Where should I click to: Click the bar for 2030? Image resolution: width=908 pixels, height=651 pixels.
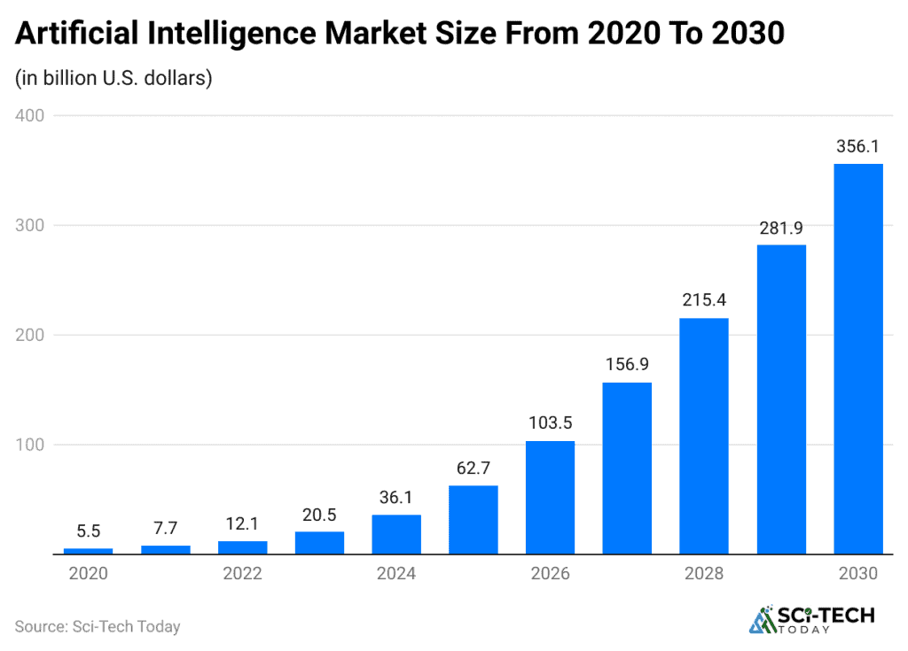click(x=858, y=359)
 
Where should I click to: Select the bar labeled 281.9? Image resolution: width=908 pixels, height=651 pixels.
click(x=781, y=399)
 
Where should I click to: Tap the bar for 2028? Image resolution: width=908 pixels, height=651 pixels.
click(x=704, y=436)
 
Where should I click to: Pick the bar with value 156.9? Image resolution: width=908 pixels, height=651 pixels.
click(x=627, y=468)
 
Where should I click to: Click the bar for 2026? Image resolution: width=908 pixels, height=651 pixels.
click(x=550, y=497)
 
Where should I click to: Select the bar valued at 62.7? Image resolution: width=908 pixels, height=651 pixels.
click(x=473, y=519)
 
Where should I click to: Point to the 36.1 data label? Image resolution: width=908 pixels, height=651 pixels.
click(x=396, y=499)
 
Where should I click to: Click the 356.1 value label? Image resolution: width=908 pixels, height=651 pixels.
click(x=858, y=147)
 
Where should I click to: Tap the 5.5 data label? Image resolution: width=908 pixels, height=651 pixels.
click(x=88, y=532)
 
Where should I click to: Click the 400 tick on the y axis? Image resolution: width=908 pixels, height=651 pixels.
click(x=30, y=115)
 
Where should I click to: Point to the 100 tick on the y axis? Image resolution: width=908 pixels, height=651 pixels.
click(x=30, y=445)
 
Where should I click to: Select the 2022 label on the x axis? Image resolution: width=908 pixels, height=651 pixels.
click(x=242, y=574)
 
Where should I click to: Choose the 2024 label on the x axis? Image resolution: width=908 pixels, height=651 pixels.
click(x=396, y=574)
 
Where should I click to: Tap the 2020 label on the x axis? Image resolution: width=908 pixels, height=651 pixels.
click(x=88, y=574)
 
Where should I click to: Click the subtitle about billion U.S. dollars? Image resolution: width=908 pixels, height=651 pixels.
click(x=113, y=78)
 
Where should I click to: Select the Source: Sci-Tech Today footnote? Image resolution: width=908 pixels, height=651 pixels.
click(x=98, y=626)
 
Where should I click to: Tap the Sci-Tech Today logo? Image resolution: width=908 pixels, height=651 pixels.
click(x=812, y=620)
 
